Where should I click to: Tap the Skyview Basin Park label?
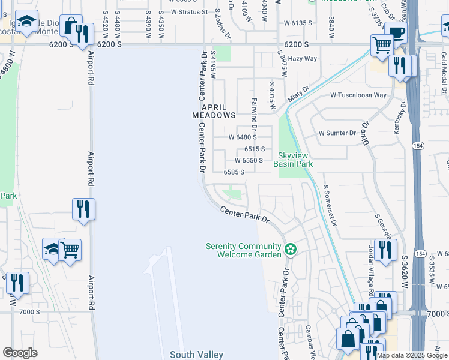[294, 159]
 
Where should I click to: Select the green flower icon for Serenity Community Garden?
[290, 248]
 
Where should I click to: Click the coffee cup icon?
[396, 32]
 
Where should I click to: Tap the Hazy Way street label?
[302, 59]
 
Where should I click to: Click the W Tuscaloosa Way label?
[358, 95]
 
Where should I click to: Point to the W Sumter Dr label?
[337, 133]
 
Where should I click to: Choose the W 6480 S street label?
[243, 137]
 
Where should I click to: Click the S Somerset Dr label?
[330, 206]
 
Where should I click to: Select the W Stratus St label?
[189, 11]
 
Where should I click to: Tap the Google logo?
[20, 353]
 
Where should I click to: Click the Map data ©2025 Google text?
[412, 355]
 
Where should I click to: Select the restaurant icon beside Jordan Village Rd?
[385, 249]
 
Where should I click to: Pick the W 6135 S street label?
[298, 23]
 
